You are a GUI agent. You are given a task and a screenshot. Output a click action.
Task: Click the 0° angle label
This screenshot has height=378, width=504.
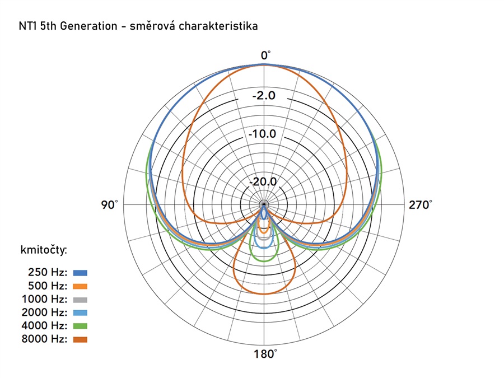click(x=265, y=55)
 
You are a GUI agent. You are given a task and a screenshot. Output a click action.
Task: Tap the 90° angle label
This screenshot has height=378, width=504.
click(x=109, y=205)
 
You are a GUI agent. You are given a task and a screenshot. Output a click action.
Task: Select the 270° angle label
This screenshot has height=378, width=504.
click(x=421, y=205)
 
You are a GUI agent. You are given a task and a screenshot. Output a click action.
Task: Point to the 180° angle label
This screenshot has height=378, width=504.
click(x=265, y=354)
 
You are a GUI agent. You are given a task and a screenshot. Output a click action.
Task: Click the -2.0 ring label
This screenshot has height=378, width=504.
click(x=264, y=96)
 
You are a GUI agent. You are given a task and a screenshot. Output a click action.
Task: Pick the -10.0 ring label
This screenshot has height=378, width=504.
click(x=264, y=134)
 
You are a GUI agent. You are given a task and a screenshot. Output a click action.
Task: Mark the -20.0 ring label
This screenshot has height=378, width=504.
click(x=264, y=182)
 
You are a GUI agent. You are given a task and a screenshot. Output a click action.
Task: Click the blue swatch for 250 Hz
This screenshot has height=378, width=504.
click(x=80, y=273)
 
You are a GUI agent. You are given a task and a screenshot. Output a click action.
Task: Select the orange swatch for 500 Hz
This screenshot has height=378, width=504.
click(x=80, y=286)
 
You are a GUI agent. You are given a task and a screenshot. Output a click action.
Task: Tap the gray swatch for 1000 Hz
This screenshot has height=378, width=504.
click(x=80, y=299)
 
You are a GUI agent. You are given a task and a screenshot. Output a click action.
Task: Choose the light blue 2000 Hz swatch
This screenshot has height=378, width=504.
click(x=80, y=312)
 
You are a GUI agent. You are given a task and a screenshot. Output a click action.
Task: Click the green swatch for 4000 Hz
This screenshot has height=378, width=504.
click(x=80, y=326)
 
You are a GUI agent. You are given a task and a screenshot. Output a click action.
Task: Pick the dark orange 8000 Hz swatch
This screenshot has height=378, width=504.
click(x=80, y=339)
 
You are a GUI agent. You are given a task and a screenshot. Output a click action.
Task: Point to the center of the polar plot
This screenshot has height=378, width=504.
click(x=264, y=205)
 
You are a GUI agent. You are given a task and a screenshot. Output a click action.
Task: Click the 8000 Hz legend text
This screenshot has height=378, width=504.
click(x=47, y=339)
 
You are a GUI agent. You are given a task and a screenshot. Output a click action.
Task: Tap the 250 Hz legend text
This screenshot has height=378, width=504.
click(x=49, y=273)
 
